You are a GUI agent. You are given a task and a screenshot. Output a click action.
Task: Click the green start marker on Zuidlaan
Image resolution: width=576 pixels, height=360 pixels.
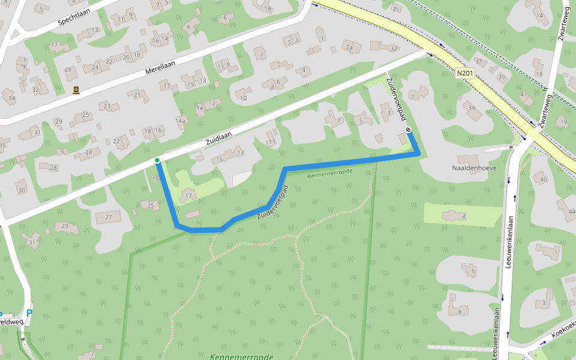pyautogui.click(x=157, y=160)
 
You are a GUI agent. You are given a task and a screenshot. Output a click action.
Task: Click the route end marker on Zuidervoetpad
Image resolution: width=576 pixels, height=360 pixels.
pyautogui.click(x=408, y=130)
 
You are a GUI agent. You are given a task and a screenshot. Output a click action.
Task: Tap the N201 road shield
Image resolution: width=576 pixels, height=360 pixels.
pyautogui.click(x=464, y=73)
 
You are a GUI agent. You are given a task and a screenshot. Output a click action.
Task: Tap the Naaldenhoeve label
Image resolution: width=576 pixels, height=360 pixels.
pyautogui.click(x=474, y=168)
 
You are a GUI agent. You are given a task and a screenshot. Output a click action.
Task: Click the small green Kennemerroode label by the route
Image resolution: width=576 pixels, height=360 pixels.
pyautogui.click(x=329, y=175)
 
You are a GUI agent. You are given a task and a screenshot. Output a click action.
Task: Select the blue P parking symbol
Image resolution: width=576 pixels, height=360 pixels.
pyautogui.click(x=29, y=313)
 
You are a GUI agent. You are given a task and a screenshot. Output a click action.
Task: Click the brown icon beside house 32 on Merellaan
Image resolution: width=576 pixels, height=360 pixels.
pyautogui.click(x=76, y=91)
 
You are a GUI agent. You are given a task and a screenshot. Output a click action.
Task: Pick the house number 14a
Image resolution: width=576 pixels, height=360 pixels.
pyautogui.click(x=180, y=121)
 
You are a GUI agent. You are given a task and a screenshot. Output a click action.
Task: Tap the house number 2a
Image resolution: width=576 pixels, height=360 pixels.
pyautogui.click(x=350, y=47)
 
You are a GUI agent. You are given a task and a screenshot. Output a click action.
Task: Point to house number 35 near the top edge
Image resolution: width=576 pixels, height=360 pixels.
pyautogui.click(x=395, y=9)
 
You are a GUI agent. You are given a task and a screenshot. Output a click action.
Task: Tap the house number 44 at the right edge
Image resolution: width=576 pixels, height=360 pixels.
pyautogui.click(x=571, y=212)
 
